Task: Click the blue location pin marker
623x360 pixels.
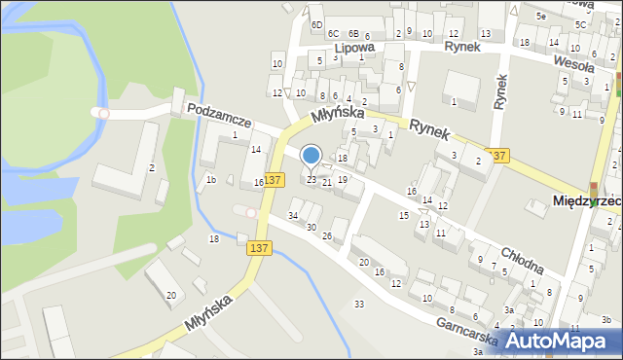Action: (x=311, y=156)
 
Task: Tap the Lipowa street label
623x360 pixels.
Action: (x=353, y=47)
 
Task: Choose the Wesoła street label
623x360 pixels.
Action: (x=573, y=61)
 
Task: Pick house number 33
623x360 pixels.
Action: (x=359, y=305)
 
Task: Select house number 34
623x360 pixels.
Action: (x=293, y=215)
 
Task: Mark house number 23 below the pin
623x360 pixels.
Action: (x=311, y=180)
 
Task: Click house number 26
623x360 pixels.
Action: (x=328, y=236)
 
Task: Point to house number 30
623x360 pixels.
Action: (x=311, y=227)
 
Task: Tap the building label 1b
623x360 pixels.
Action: (x=210, y=179)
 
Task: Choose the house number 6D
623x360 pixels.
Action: (x=316, y=23)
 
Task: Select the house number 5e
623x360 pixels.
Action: (x=541, y=17)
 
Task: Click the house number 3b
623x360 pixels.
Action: (x=605, y=319)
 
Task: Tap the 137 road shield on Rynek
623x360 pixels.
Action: (x=500, y=156)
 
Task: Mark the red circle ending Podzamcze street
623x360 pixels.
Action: (x=104, y=114)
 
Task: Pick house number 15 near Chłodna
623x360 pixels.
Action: (x=404, y=215)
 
